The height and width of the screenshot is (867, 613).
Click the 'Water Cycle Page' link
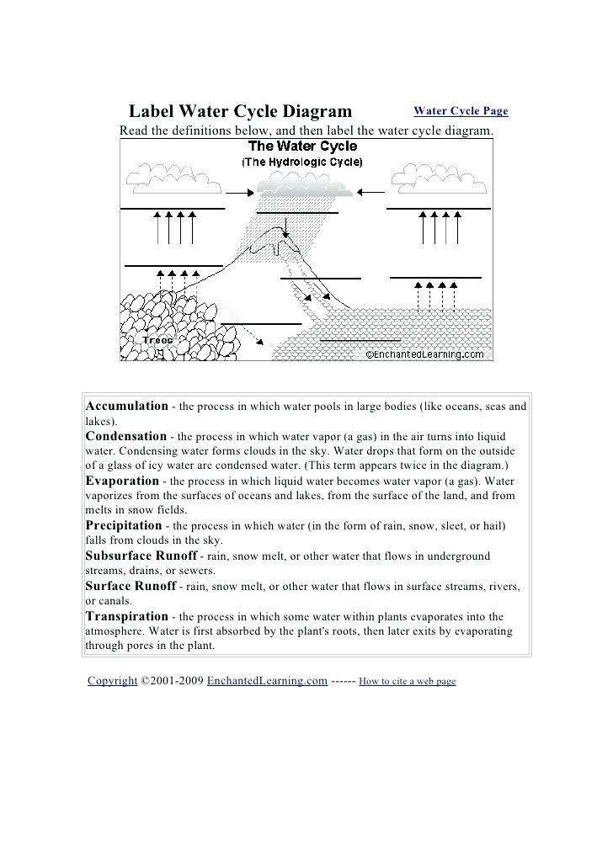pos(461,111)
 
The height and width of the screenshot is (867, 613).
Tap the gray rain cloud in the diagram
pos(302,185)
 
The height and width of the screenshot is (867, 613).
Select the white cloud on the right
pos(437,177)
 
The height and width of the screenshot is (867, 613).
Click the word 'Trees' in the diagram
pos(157,340)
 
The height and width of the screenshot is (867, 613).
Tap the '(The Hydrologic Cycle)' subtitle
pos(302,162)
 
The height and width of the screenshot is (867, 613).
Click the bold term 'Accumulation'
pos(127,406)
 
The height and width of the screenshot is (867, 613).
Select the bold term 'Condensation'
pos(126,436)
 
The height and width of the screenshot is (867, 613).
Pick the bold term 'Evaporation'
pos(122,481)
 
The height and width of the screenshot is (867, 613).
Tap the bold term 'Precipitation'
pos(124,525)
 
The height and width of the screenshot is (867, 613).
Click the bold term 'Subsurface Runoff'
pos(141,556)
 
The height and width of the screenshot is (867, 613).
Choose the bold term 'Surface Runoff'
pos(131,586)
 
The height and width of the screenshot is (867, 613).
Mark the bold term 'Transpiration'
pos(127,616)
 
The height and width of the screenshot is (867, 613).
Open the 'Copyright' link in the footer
pos(113,681)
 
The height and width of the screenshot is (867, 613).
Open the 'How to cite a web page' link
pos(407,682)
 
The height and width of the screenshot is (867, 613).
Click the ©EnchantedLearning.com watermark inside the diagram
pos(424,354)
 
